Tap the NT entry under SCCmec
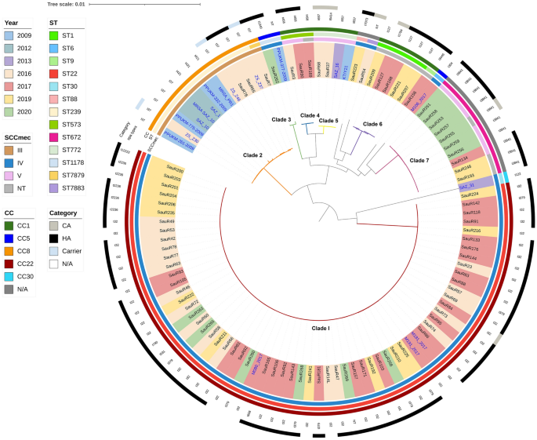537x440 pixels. pos(19,187)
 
